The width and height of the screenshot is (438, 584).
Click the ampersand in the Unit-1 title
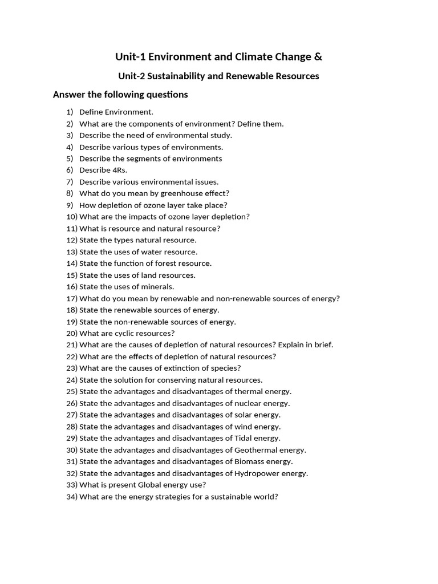(318, 56)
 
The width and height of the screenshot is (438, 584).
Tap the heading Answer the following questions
(120, 95)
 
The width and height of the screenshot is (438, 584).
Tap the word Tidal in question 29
(244, 438)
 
